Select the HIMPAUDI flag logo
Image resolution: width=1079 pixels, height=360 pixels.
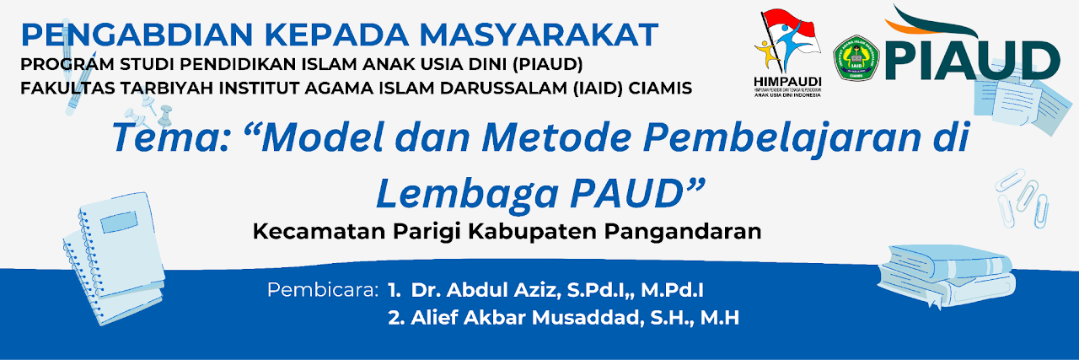pos(788,53)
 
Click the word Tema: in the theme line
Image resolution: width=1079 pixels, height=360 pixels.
pos(170,137)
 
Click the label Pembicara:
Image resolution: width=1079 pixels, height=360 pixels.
pos(323,290)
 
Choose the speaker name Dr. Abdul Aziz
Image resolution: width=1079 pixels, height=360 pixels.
pos(486,290)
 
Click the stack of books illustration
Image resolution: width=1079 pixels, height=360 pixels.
pos(946,276)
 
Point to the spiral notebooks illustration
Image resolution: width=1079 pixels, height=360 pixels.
pos(114,258)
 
